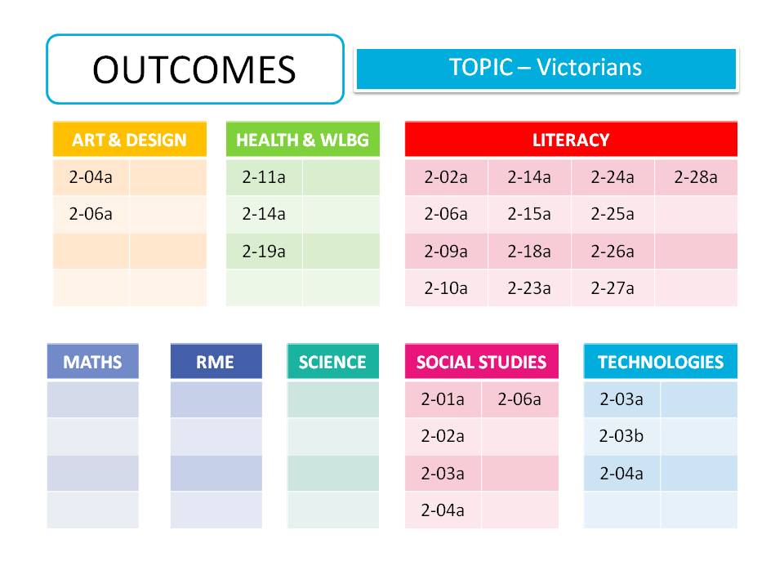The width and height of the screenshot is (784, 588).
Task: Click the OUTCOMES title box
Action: [194, 69]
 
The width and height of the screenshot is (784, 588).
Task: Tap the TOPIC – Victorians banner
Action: [546, 68]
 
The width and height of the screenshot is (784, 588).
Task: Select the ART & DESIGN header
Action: [129, 140]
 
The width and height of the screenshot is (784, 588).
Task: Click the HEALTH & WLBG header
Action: [302, 140]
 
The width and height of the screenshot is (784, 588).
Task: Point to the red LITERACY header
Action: [570, 140]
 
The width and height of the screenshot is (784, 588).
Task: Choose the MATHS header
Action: [92, 362]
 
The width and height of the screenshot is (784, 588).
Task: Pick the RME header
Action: [216, 362]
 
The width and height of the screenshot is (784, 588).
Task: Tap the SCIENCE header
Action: [332, 362]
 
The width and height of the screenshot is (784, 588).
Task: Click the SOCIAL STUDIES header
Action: [481, 362]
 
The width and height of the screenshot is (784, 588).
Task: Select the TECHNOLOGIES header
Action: [660, 362]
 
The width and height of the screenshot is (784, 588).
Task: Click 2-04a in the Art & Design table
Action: [91, 177]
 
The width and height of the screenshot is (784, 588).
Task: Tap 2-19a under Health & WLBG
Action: [264, 252]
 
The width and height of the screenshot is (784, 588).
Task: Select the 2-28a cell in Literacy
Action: [696, 177]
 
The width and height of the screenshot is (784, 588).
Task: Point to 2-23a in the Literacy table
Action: [529, 288]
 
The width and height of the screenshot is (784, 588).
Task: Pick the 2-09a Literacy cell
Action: [446, 252]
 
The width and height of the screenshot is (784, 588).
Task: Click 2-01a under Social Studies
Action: [443, 399]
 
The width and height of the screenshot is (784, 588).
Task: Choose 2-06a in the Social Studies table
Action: [519, 399]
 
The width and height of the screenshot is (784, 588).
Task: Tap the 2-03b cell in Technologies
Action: [621, 436]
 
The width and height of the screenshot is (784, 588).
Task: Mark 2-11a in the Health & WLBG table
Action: [264, 177]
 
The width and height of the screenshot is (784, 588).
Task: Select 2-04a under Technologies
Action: [621, 473]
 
